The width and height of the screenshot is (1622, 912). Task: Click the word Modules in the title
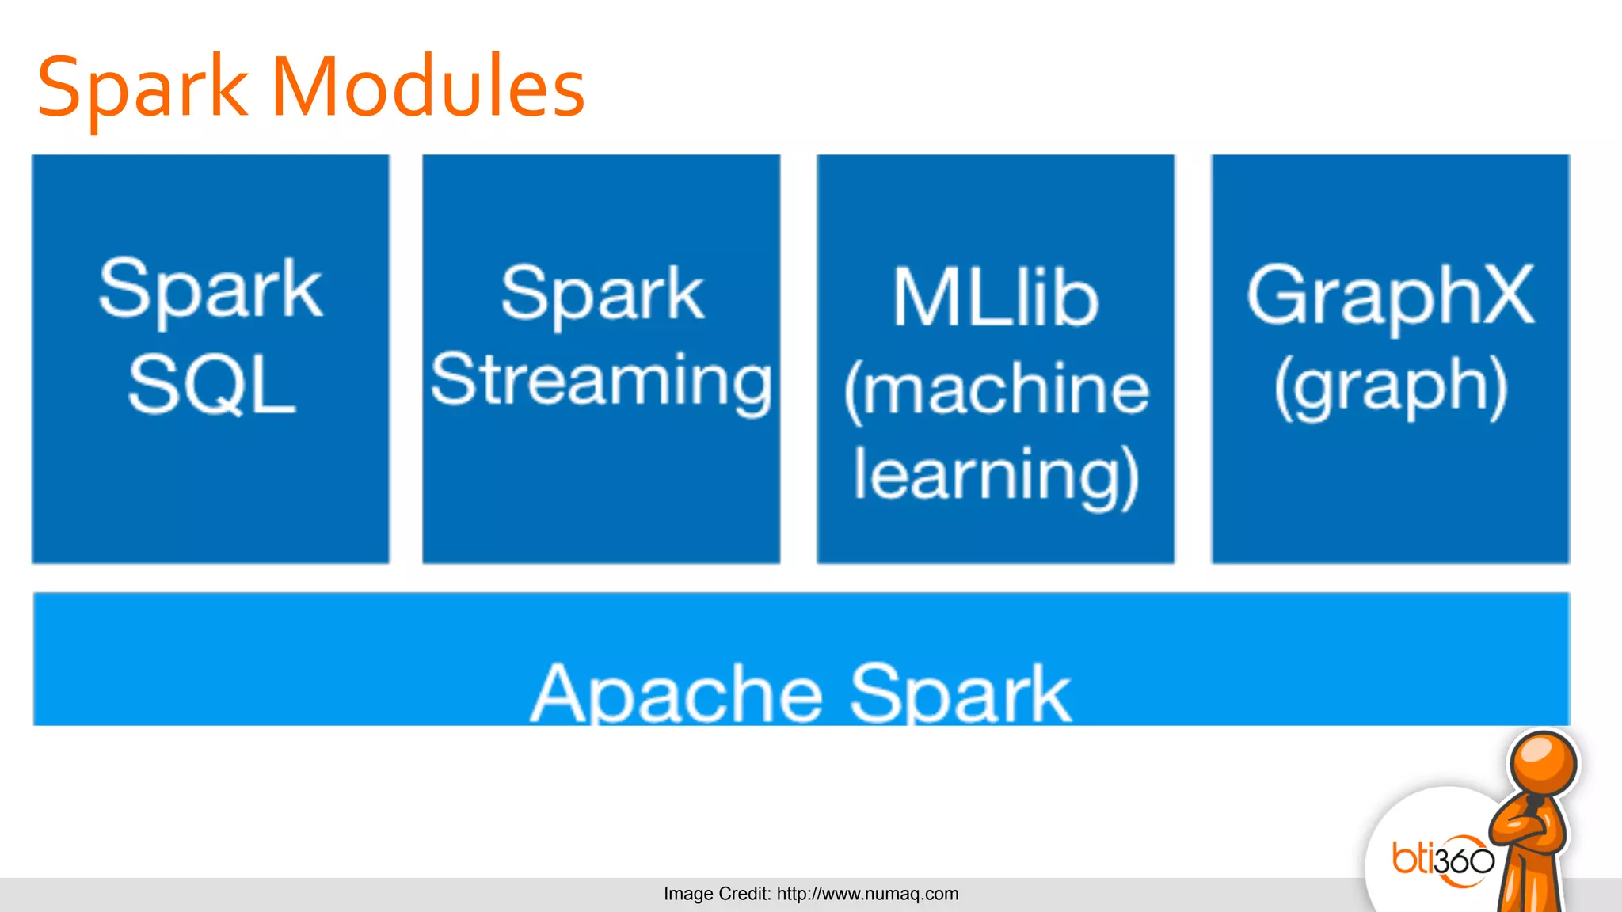coord(428,87)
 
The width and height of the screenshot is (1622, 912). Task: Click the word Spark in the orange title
coord(143,89)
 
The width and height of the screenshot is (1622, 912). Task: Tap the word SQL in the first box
coord(211,386)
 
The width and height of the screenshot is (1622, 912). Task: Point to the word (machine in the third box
coord(996,389)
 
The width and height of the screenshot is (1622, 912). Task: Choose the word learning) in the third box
coord(996,475)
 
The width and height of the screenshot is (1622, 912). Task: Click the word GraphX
coord(1390,296)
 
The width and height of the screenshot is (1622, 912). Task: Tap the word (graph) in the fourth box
coord(1390,386)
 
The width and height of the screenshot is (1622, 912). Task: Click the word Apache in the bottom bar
coord(677,693)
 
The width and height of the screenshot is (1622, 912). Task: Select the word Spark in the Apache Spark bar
coord(961,693)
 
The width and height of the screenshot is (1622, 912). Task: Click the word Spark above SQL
coord(211,289)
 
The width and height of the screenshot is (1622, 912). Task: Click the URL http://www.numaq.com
coord(867,894)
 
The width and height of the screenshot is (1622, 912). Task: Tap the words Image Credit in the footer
coord(716,894)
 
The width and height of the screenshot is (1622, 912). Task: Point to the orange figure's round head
coord(1542,763)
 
